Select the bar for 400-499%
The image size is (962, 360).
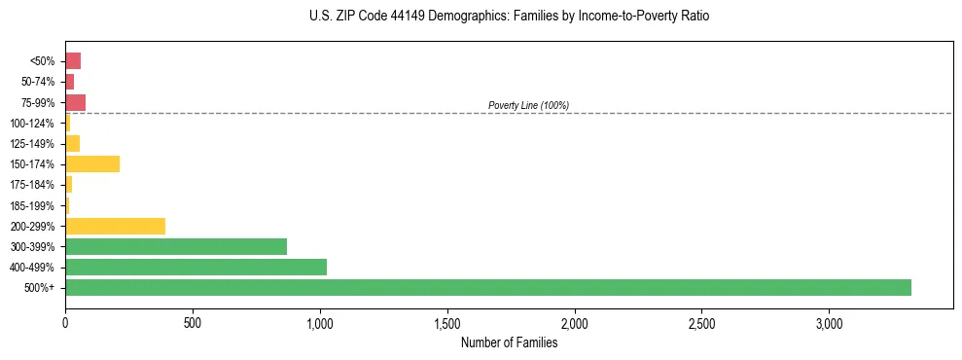pyautogui.click(x=196, y=268)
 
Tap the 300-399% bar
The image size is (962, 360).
pyautogui.click(x=176, y=247)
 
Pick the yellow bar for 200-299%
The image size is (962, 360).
pyautogui.click(x=115, y=227)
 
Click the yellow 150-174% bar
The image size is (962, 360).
pyautogui.click(x=92, y=164)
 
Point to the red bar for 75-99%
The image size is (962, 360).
pyautogui.click(x=75, y=102)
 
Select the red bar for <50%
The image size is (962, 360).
pyautogui.click(x=73, y=61)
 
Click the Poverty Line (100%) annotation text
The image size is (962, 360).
pyautogui.click(x=528, y=105)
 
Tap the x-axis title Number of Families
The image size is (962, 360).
pyautogui.click(x=509, y=342)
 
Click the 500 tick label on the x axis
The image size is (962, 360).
pyautogui.click(x=193, y=322)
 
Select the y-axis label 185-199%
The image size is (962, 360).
pyautogui.click(x=32, y=206)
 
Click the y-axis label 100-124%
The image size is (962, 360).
pyautogui.click(x=32, y=124)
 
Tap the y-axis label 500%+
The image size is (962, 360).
pyautogui.click(x=41, y=288)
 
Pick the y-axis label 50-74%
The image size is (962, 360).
pyautogui.click(x=37, y=82)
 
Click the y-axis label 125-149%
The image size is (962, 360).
pyautogui.click(x=32, y=144)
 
